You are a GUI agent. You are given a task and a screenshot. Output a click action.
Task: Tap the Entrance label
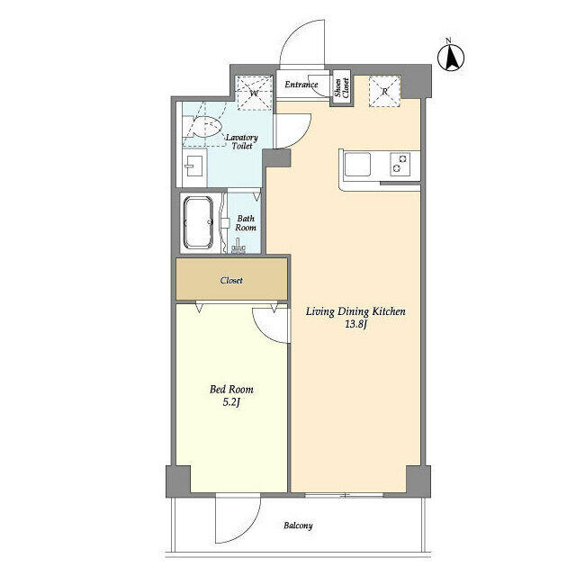tap(301, 85)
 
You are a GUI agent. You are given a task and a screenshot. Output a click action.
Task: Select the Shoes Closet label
tap(341, 88)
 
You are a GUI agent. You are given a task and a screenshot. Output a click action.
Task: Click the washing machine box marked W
tap(253, 91)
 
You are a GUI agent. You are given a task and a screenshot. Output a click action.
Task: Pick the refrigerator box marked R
tap(385, 90)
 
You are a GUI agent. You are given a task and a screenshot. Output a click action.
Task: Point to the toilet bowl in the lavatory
tap(206, 130)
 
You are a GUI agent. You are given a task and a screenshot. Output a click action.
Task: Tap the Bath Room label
tap(246, 223)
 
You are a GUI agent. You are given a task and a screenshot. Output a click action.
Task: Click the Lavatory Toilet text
tap(241, 142)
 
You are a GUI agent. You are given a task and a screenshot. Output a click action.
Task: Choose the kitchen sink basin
tap(357, 165)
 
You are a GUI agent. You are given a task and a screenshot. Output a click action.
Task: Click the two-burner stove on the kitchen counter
tap(398, 165)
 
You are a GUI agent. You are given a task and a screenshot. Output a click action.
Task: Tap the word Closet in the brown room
tap(231, 280)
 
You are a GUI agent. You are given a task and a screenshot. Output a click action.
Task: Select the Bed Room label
tap(231, 389)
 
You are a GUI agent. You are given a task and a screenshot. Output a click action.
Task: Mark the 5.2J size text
tap(231, 404)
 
